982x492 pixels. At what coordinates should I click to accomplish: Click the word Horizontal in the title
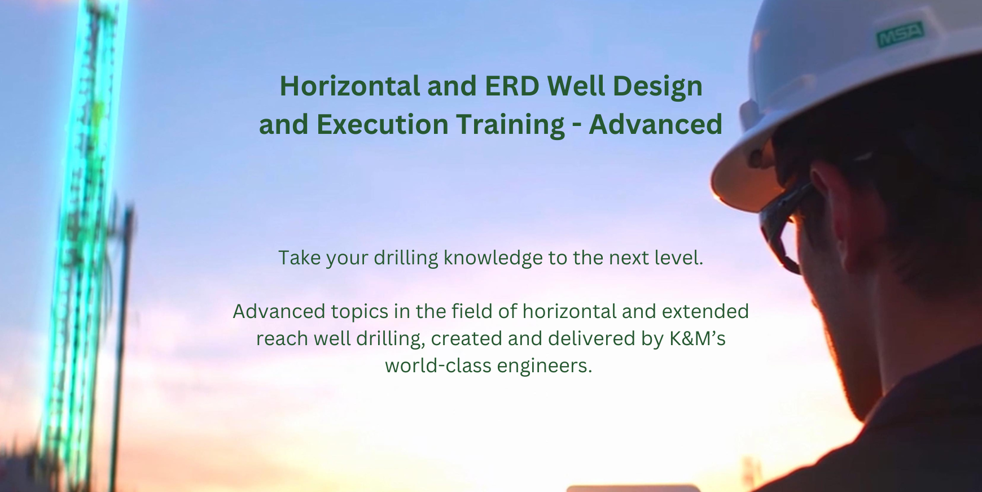coord(350,86)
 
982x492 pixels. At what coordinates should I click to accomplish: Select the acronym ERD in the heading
coord(512,86)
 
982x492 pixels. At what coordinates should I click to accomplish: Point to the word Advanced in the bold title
coord(655,125)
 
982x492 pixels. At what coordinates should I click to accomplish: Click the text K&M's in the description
coord(697,338)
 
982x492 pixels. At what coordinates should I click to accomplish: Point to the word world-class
coord(439,365)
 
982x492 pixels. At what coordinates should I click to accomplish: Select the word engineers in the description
coord(544,366)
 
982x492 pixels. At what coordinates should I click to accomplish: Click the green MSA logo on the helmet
coord(900,34)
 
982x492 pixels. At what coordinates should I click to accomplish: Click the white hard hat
coord(835,96)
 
